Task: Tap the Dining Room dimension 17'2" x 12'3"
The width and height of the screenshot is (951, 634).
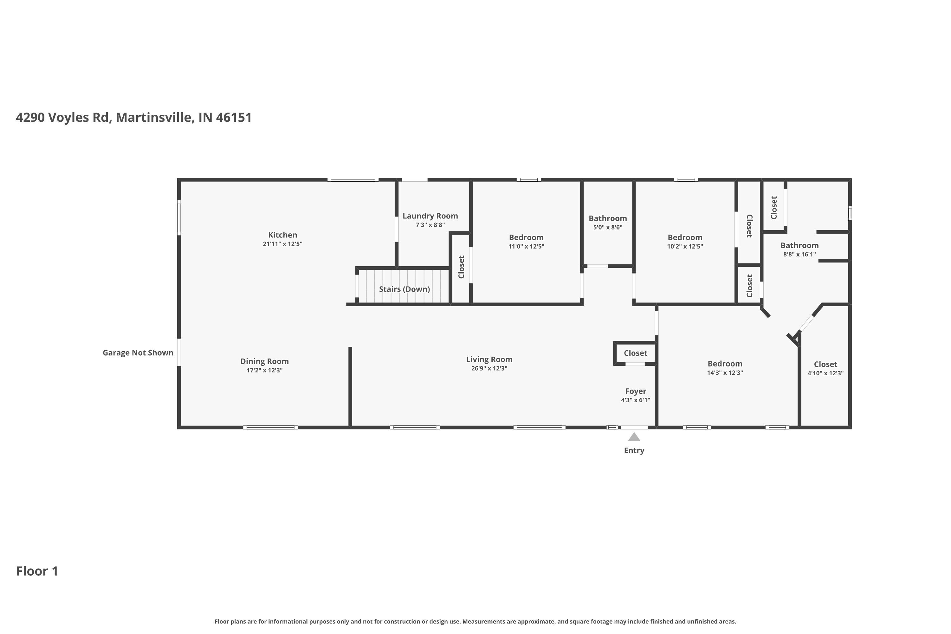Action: (264, 370)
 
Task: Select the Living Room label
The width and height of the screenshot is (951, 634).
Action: (489, 359)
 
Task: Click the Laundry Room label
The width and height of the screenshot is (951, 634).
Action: (430, 216)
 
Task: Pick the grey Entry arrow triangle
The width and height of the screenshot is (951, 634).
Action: (634, 437)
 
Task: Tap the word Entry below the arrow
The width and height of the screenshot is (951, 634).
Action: (634, 450)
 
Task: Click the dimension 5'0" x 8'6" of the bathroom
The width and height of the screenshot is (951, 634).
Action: (607, 227)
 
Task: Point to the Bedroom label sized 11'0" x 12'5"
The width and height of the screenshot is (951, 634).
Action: (526, 237)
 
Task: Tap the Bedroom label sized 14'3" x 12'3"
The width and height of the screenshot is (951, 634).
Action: (725, 364)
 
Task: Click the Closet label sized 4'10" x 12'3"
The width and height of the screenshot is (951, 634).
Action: (825, 364)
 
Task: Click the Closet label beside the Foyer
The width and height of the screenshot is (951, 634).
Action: (635, 353)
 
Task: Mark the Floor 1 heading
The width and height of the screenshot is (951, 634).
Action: (37, 571)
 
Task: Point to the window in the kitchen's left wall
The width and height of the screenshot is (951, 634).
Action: (179, 218)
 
